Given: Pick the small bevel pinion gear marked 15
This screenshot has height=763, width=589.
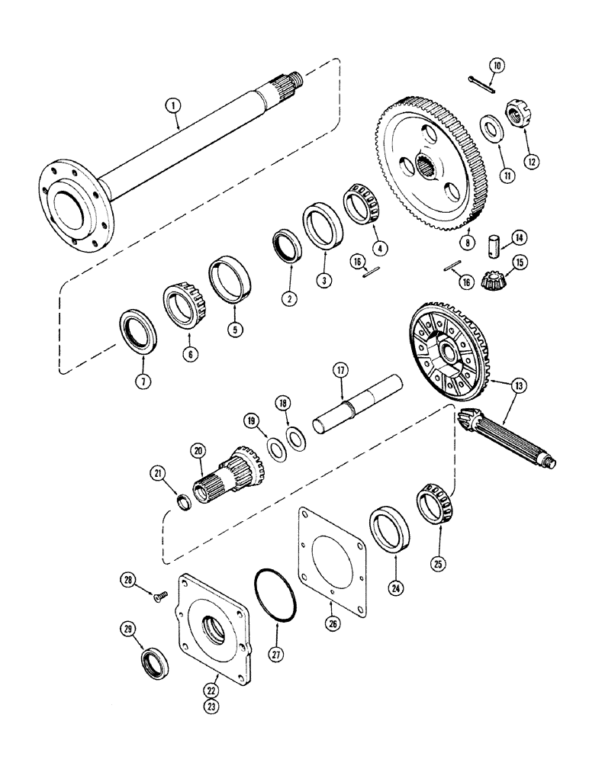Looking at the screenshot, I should pyautogui.click(x=497, y=281).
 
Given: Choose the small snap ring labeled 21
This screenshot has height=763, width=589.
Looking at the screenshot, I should pyautogui.click(x=183, y=504).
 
